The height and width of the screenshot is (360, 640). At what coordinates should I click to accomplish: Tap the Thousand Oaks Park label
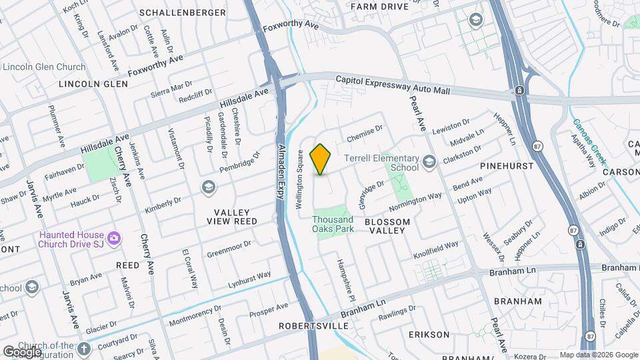coord(333,224)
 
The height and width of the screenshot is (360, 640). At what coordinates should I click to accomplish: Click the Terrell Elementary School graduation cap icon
coord(429,161)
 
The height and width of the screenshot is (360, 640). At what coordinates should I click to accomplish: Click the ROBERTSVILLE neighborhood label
coord(313,326)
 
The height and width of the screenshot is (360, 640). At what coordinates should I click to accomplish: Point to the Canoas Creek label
coord(590,141)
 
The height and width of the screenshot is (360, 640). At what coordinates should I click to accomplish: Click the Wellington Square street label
coord(301,171)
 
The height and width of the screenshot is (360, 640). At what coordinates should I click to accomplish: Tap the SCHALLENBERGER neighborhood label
coord(173,13)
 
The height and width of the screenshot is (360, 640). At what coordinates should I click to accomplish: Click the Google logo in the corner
coord(21,351)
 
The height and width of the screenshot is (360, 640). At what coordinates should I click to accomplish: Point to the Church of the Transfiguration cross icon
coord(83,349)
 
